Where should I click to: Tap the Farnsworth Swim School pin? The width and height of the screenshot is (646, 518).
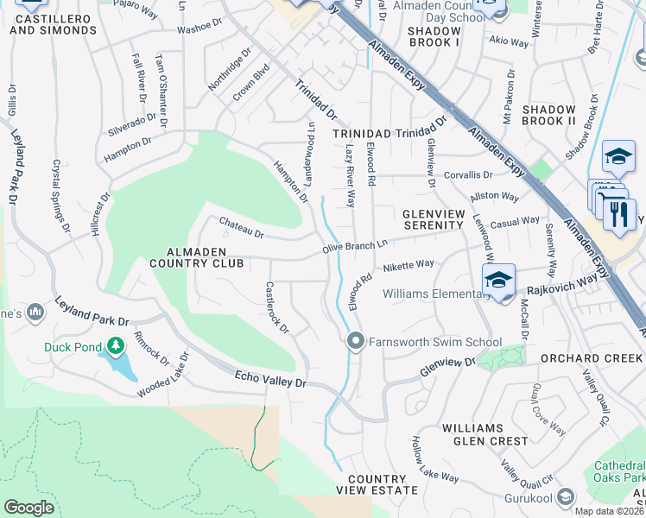[x=354, y=342]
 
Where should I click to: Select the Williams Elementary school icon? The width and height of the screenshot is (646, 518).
[x=498, y=281]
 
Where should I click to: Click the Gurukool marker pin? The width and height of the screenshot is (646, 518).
[x=565, y=497]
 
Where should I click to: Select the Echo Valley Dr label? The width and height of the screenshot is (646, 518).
[x=270, y=378]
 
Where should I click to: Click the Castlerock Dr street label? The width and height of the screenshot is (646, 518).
[x=277, y=307]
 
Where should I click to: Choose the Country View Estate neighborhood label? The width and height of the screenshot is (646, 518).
[x=377, y=484]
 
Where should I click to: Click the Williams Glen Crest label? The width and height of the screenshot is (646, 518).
[x=484, y=434]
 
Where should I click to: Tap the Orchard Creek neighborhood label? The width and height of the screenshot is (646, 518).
[x=592, y=358]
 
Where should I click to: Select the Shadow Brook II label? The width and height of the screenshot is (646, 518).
[x=548, y=116]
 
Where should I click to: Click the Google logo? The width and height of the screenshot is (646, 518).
[x=28, y=508]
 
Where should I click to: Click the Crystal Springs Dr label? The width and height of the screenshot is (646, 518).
[x=60, y=197]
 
